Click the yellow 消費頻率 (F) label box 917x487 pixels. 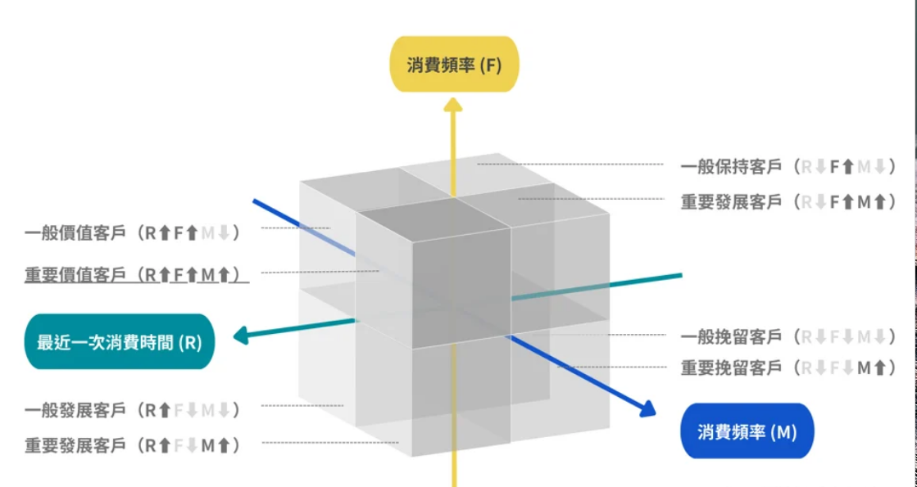(453, 64)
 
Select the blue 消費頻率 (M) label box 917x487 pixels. (747, 431)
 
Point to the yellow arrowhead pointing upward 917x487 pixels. (453, 103)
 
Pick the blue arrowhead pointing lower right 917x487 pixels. (647, 408)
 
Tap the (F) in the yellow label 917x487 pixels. (489, 65)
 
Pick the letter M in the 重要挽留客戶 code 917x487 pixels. (864, 368)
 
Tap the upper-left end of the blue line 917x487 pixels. (254, 201)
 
